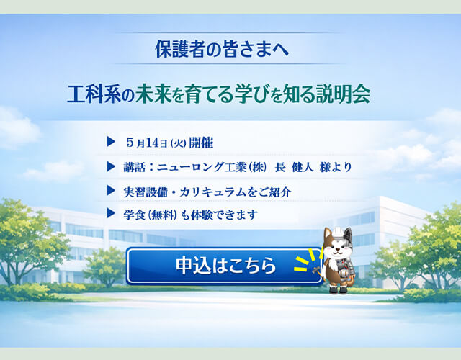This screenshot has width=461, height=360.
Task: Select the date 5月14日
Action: click(x=145, y=141)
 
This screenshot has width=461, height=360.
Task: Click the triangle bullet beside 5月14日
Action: click(x=110, y=140)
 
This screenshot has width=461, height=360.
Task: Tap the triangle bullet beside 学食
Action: click(x=110, y=214)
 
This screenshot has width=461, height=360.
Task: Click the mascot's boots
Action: click(x=339, y=289)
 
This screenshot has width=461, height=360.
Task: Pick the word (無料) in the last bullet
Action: click(x=166, y=215)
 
